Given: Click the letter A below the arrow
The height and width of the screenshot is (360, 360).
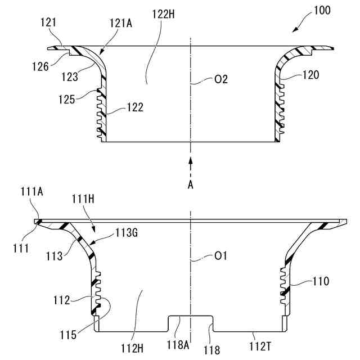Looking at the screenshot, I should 191,186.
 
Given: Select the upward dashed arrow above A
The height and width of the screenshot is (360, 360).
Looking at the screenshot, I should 191,167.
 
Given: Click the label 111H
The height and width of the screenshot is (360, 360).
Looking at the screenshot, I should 83,200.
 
